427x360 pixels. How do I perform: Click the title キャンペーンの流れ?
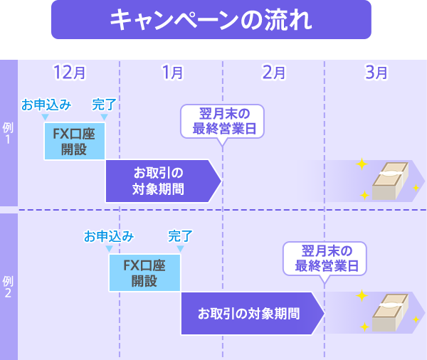point(211,19)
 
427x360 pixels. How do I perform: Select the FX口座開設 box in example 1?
point(74,140)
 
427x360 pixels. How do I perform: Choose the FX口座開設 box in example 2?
point(144,272)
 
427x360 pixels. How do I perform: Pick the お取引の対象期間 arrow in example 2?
point(251,313)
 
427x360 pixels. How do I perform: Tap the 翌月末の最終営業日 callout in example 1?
point(223,122)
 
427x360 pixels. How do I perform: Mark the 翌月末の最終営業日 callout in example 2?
point(325,259)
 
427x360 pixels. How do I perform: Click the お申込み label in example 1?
point(46,105)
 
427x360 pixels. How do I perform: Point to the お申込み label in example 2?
point(109,235)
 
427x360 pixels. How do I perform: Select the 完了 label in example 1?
point(104,105)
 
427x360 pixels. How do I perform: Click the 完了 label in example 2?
point(180,235)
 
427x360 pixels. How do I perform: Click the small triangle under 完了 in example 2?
point(180,248)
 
